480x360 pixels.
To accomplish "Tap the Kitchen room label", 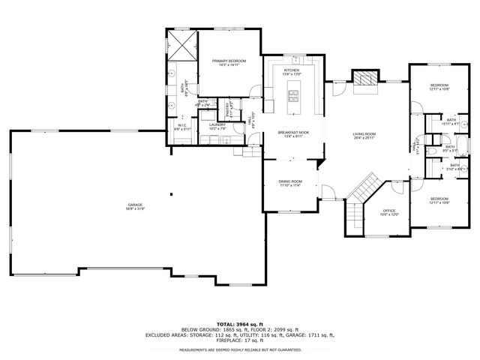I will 291,73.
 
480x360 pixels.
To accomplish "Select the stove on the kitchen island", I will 293,95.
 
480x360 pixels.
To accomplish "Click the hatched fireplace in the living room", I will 365,79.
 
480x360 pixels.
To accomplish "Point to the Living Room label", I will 364,136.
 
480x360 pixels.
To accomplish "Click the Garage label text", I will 135,206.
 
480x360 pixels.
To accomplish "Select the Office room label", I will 389,212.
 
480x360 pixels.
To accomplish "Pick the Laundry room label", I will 217,126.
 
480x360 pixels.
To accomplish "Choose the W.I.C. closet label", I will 183,127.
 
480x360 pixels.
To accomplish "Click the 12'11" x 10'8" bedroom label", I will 439,87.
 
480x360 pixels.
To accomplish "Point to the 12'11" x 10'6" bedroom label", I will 439,201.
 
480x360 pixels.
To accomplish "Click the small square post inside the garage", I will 172,194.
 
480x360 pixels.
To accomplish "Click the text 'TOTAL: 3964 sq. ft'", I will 239,322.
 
